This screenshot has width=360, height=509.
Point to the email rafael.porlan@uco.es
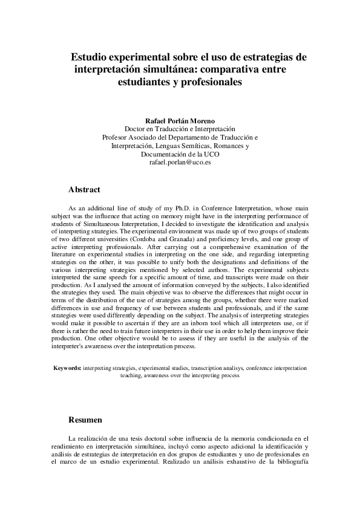coord(180,163)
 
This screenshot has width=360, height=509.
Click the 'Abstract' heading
coord(84,190)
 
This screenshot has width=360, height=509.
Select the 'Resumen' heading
coord(85,420)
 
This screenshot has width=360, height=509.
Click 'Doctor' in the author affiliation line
coord(136,129)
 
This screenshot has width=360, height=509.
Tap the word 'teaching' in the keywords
coord(131,375)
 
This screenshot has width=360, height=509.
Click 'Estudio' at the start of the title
coord(90,57)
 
